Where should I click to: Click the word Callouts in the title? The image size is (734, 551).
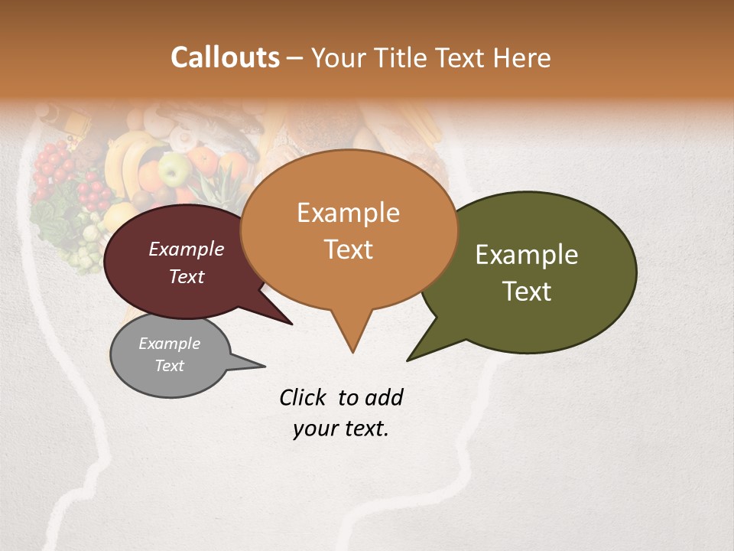pos(225,57)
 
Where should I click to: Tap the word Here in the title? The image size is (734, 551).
pos(524,57)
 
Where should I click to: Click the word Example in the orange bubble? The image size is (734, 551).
pos(348,213)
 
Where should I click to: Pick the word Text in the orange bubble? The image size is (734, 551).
pos(348,249)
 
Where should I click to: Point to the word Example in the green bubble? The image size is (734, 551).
pos(527,255)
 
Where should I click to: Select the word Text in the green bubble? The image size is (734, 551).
pos(527,291)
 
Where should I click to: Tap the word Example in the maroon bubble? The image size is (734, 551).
pos(186,249)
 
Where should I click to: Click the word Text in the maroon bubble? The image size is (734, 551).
pos(186,276)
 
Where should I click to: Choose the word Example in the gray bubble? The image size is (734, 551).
pos(169,344)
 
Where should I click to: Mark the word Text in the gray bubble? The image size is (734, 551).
pos(169,366)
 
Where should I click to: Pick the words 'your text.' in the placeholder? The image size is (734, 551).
pos(340,429)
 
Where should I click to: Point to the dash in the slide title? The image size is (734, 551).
pos(296,58)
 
